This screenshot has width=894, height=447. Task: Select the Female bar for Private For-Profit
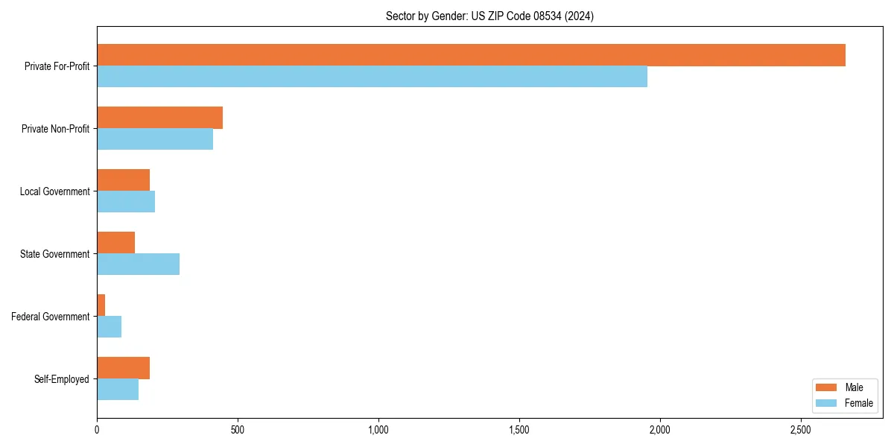click(372, 77)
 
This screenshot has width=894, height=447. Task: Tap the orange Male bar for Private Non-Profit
click(159, 118)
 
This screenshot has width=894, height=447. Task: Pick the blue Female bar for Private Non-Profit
click(155, 139)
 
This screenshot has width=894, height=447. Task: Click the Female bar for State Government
click(138, 264)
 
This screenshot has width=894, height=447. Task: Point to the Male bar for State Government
click(115, 243)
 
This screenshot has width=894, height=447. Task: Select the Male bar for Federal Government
click(101, 305)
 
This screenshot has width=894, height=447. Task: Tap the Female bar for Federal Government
click(109, 326)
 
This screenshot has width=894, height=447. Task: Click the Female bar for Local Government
click(126, 202)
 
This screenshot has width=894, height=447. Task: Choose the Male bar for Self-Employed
click(123, 368)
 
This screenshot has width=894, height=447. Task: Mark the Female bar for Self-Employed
click(118, 389)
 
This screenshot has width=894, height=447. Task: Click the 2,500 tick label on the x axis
click(801, 430)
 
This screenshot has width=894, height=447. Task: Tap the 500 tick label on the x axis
click(238, 430)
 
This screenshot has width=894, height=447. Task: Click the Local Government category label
click(54, 191)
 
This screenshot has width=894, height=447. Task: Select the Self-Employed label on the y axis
click(61, 379)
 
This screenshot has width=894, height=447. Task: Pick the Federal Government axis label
click(50, 317)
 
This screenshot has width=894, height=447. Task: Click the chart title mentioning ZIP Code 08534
click(489, 16)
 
